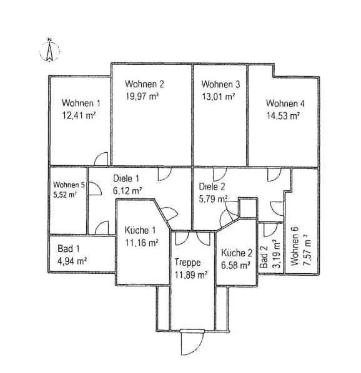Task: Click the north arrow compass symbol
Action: click(x=49, y=50)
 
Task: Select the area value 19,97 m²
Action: click(x=142, y=96)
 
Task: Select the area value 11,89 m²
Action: click(x=190, y=275)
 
